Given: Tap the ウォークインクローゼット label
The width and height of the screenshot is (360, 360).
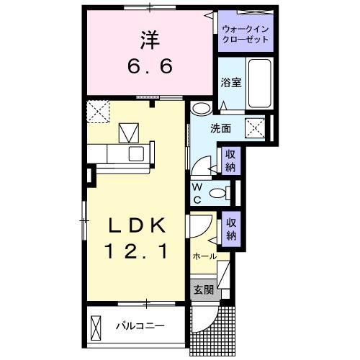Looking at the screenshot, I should pos(246,34).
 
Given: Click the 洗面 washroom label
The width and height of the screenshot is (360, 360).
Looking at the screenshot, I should pos(220,129).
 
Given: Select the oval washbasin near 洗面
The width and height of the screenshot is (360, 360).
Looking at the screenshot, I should pos(202,109).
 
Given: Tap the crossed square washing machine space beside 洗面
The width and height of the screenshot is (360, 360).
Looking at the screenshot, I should pos(256,128).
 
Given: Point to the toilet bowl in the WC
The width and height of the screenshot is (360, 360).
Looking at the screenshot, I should pos(218,193).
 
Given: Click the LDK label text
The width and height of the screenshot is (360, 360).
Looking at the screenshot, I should pos(138,226).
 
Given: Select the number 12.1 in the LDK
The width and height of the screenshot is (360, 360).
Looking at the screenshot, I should pos(138,252).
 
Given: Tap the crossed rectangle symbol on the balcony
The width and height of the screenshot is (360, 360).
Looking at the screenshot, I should pos(96,328).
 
